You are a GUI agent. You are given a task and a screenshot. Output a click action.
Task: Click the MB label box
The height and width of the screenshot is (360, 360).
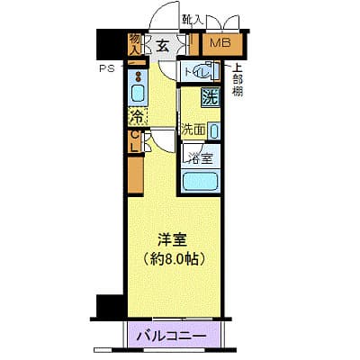click(x=220, y=44)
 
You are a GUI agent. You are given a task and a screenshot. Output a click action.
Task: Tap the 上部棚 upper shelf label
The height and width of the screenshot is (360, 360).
click(x=237, y=79)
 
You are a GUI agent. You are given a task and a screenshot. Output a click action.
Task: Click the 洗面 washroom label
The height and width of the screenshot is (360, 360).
click(x=193, y=129)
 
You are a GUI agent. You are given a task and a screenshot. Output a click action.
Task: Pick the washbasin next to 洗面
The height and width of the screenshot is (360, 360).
click(x=212, y=130)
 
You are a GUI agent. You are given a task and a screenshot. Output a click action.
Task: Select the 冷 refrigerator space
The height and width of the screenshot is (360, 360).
click(x=137, y=116)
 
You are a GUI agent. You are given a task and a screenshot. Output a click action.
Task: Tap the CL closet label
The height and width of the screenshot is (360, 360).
click(x=135, y=141)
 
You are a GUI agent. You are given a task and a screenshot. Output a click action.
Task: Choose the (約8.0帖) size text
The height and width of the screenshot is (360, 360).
click(x=176, y=259)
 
